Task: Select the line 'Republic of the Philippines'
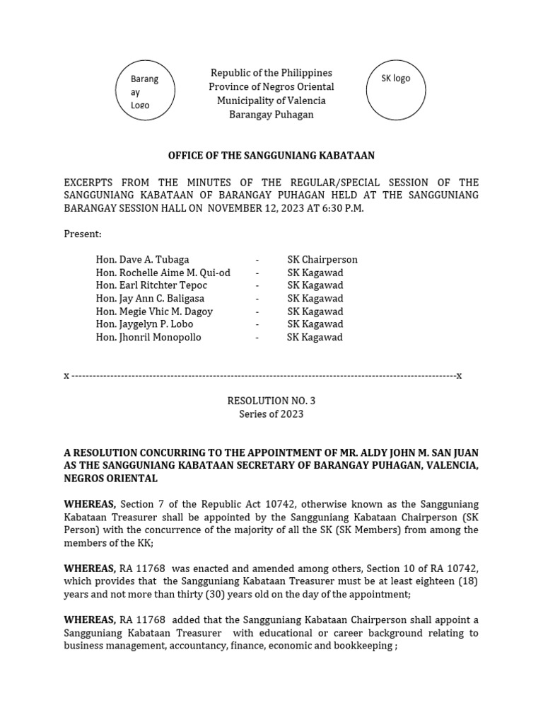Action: click(271, 74)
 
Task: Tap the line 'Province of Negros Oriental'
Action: click(271, 87)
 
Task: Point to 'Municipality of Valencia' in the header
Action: click(271, 101)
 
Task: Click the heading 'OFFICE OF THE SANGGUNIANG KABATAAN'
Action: click(271, 155)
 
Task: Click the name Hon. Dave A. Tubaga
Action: click(142, 260)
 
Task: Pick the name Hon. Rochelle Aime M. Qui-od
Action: click(163, 273)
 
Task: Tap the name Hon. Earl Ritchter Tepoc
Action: click(151, 285)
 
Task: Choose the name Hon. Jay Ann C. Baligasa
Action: click(150, 299)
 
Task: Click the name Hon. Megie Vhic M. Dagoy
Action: click(154, 312)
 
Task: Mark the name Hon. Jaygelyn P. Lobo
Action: click(144, 324)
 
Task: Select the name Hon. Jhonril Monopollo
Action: click(148, 338)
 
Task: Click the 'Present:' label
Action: click(83, 234)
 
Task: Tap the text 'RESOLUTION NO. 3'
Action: click(271, 401)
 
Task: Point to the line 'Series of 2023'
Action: click(271, 414)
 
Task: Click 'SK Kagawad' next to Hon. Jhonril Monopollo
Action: click(315, 338)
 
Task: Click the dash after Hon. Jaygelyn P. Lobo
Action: click(257, 324)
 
